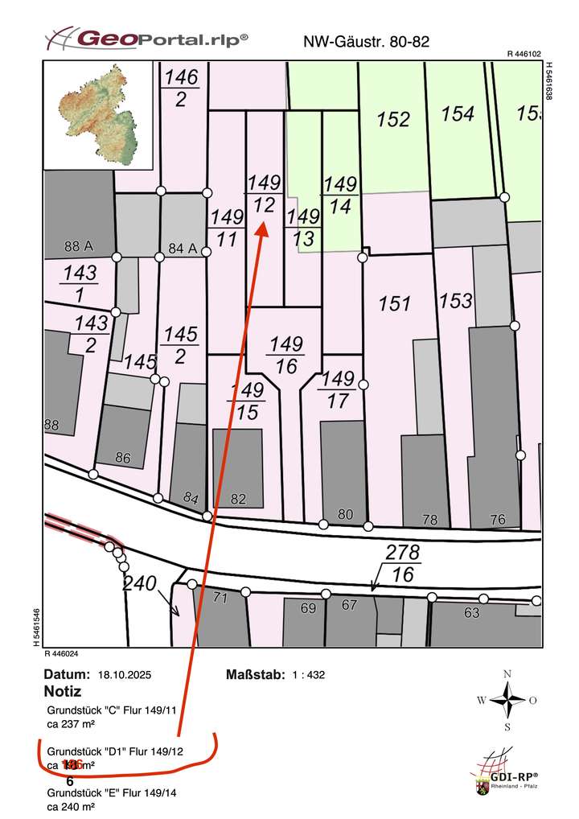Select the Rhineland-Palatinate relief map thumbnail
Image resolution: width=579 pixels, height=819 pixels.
(98, 114)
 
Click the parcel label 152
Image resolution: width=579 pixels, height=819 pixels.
(394, 120)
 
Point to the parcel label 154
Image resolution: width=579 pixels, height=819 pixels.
(458, 114)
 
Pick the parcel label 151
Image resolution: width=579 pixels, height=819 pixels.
(395, 303)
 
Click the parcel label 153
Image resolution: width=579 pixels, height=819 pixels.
(456, 301)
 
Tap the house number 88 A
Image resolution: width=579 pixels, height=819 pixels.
(81, 245)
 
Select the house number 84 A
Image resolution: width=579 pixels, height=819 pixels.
(183, 247)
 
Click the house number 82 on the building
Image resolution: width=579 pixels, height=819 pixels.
(238, 499)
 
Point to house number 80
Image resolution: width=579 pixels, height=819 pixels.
(346, 513)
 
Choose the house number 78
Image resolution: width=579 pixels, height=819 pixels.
(430, 521)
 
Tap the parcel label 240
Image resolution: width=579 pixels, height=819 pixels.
(138, 583)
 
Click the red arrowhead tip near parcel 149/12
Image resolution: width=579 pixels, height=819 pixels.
(263, 226)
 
